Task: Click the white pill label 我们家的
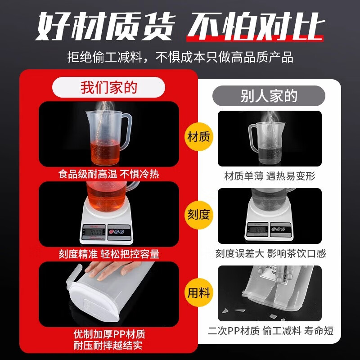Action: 108,87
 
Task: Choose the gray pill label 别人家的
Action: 269,96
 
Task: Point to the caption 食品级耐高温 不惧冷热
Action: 108,174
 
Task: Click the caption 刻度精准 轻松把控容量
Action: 108,254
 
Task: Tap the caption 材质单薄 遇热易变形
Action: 269,176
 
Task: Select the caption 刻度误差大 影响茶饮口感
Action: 269,254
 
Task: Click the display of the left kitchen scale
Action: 94,233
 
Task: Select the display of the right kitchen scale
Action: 260,229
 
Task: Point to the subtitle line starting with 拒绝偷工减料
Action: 180,57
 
